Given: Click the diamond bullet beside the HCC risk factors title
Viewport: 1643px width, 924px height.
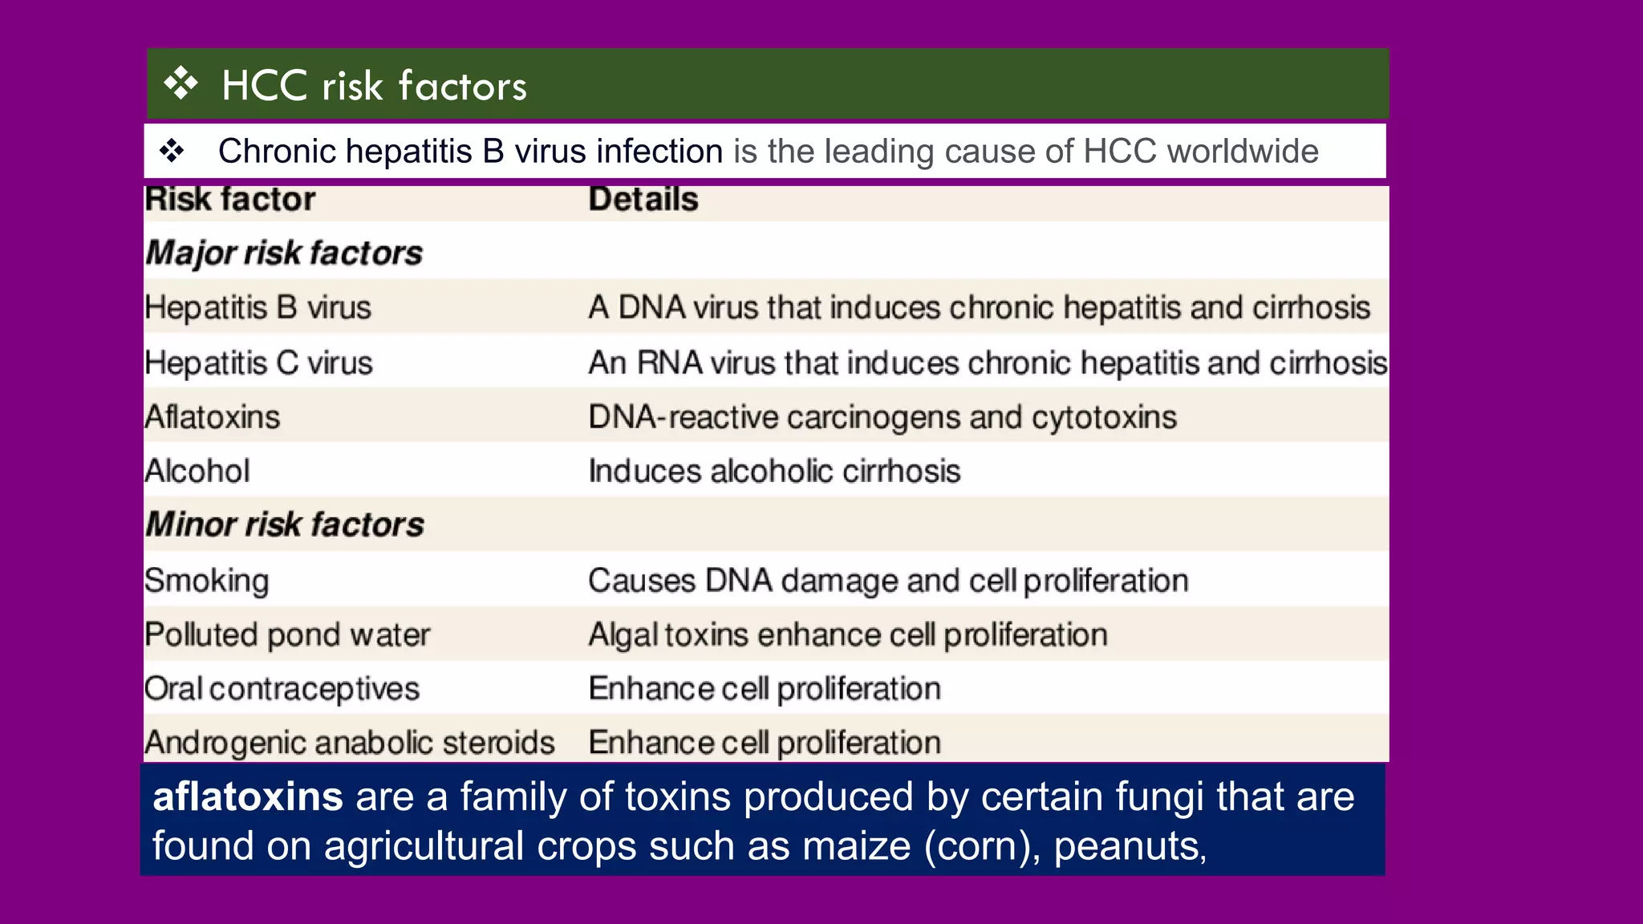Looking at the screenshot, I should [x=181, y=84].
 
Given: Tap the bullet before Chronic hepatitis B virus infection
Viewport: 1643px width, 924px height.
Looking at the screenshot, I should [x=172, y=151].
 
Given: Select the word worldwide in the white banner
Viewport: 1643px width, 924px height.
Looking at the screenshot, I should [x=1242, y=152].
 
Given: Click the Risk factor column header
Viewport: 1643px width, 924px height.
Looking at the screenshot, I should [x=230, y=200].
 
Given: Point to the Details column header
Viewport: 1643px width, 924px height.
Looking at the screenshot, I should [x=643, y=200].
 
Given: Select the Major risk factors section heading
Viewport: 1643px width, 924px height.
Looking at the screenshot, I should [x=284, y=253].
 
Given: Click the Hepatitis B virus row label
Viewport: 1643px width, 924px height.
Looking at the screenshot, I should [x=258, y=308].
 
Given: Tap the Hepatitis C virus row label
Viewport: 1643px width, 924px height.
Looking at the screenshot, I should [x=258, y=363].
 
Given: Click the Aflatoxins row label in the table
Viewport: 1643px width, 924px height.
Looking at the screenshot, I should [x=213, y=417].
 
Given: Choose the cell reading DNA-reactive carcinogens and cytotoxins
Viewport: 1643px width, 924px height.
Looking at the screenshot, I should [x=882, y=417].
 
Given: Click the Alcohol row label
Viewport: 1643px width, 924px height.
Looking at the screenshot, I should [x=197, y=471].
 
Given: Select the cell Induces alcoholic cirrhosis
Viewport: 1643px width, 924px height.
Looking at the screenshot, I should [x=774, y=471].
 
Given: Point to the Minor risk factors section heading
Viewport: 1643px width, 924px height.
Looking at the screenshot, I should [x=285, y=525].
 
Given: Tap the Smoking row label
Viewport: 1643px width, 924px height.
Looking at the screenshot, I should [x=207, y=581].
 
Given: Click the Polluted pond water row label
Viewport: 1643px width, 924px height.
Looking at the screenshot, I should [x=287, y=635].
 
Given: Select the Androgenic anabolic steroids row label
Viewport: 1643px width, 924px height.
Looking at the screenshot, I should [x=350, y=743].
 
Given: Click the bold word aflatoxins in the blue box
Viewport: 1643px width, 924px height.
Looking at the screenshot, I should [x=248, y=797].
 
